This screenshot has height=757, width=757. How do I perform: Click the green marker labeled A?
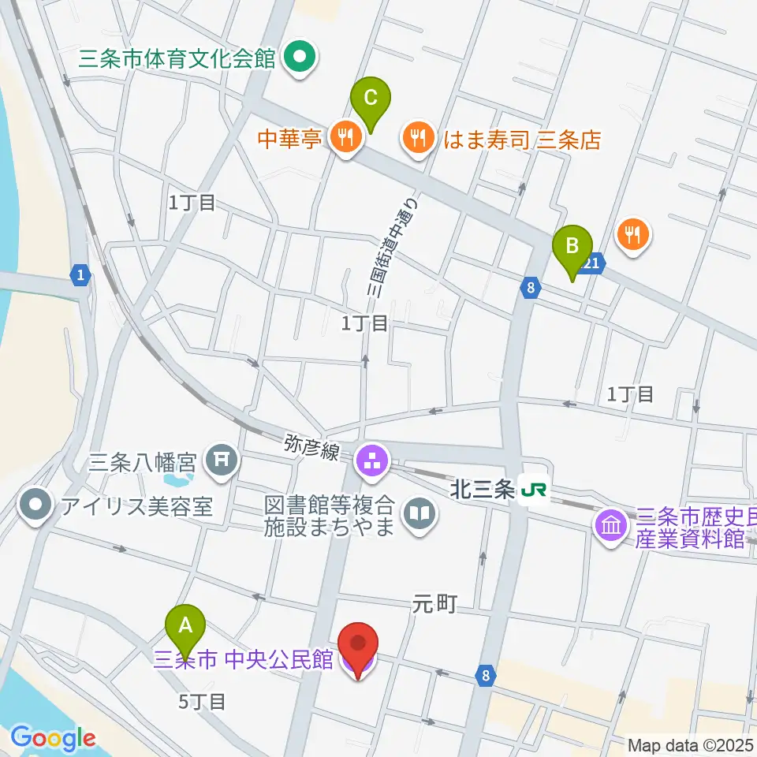pyautogui.click(x=185, y=625)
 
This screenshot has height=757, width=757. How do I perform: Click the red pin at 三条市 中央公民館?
pyautogui.click(x=359, y=644)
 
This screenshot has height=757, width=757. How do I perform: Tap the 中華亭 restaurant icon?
pyautogui.click(x=345, y=140)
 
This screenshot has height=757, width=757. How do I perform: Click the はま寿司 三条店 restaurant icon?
pyautogui.click(x=418, y=140)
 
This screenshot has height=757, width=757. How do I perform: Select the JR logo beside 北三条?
pyautogui.click(x=533, y=491)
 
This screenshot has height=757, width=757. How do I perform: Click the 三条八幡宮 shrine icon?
pyautogui.click(x=220, y=458)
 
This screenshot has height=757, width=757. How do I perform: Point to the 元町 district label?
pyautogui.click(x=434, y=604)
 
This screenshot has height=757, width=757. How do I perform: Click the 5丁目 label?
pyautogui.click(x=203, y=700)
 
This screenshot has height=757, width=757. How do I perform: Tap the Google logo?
pyautogui.click(x=53, y=737)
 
